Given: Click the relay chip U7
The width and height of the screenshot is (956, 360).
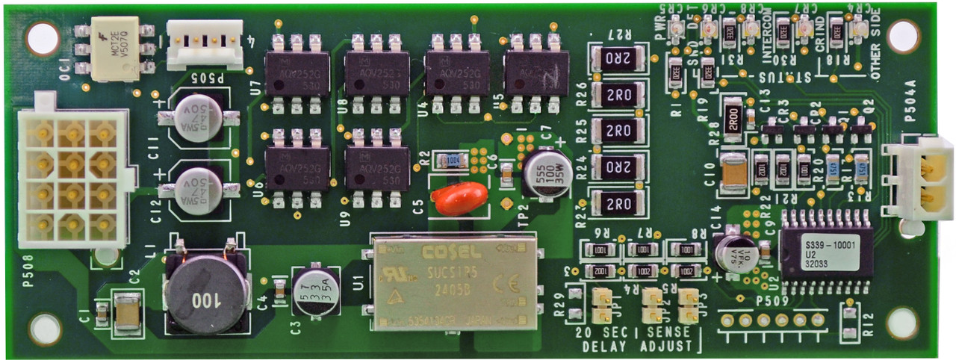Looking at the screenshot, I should click(x=297, y=72).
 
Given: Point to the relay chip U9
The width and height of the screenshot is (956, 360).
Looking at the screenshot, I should click(x=377, y=167).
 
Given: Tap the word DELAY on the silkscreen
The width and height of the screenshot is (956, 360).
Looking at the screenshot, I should click(x=605, y=347).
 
